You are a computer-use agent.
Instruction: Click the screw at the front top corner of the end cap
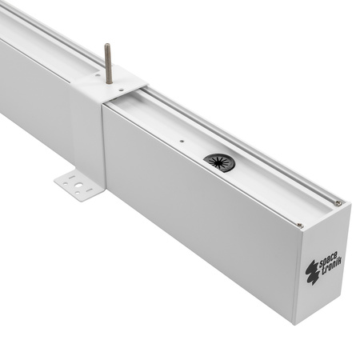point(299,225)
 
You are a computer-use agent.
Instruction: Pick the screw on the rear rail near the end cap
point(338,203)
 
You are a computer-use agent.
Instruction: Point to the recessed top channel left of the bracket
point(40,36)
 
